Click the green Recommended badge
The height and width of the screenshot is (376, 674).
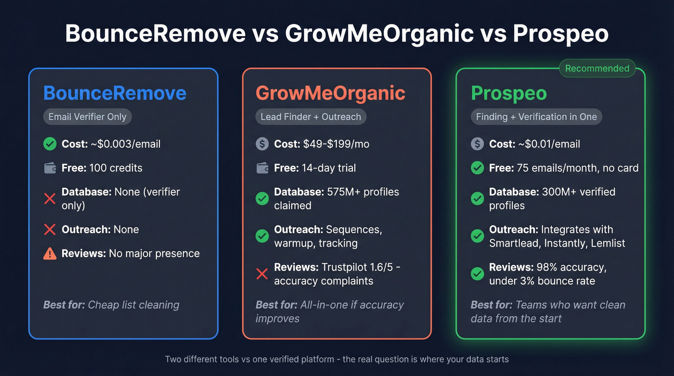[597, 68]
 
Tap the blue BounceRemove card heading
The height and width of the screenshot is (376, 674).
[115, 93]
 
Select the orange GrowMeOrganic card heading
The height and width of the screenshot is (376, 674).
[330, 93]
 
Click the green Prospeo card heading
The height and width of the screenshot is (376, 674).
[508, 93]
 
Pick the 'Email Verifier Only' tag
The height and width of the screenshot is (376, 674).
[87, 117]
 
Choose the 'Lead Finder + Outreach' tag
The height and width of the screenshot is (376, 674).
[311, 117]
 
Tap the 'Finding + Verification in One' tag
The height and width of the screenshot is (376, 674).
[536, 117]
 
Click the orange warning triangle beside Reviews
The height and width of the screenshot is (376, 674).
[50, 254]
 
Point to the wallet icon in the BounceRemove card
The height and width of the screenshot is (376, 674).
[50, 168]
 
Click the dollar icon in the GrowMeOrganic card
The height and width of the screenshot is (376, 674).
[262, 144]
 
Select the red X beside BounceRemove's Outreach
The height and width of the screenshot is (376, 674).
[50, 230]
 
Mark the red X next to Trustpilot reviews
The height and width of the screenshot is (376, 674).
[262, 274]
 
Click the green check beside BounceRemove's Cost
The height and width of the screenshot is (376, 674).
[50, 144]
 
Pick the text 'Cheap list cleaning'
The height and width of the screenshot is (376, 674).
[133, 305]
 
